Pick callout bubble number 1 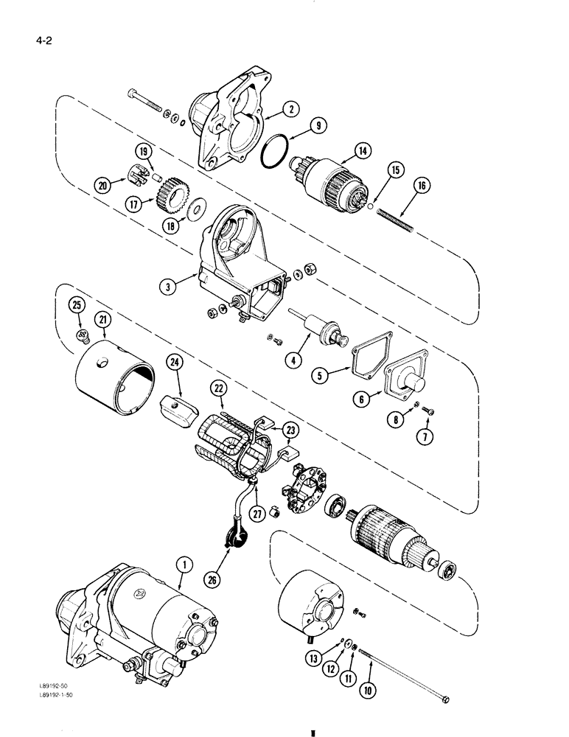coord(185,545)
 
